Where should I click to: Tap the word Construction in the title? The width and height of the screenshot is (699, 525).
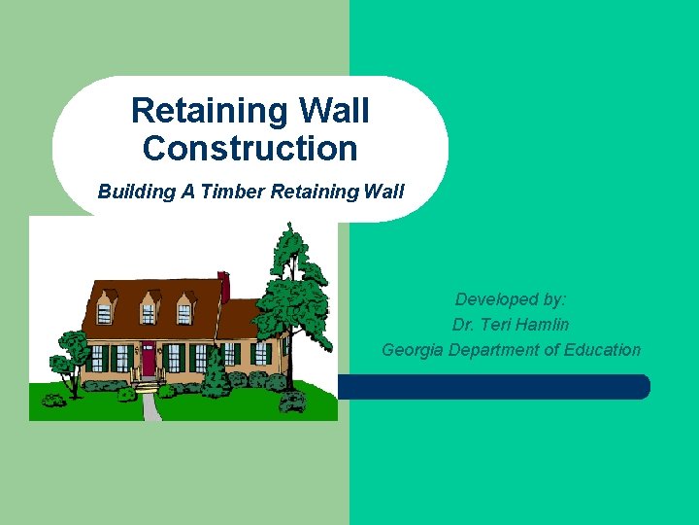pyautogui.click(x=250, y=149)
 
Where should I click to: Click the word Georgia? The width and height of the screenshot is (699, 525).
pyautogui.click(x=414, y=350)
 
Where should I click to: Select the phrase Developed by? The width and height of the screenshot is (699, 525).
pyautogui.click(x=511, y=299)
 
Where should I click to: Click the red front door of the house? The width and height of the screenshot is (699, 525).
pyautogui.click(x=150, y=359)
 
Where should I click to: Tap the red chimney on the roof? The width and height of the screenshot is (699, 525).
pyautogui.click(x=224, y=286)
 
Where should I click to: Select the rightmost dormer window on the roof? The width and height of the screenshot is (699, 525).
pyautogui.click(x=183, y=311)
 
